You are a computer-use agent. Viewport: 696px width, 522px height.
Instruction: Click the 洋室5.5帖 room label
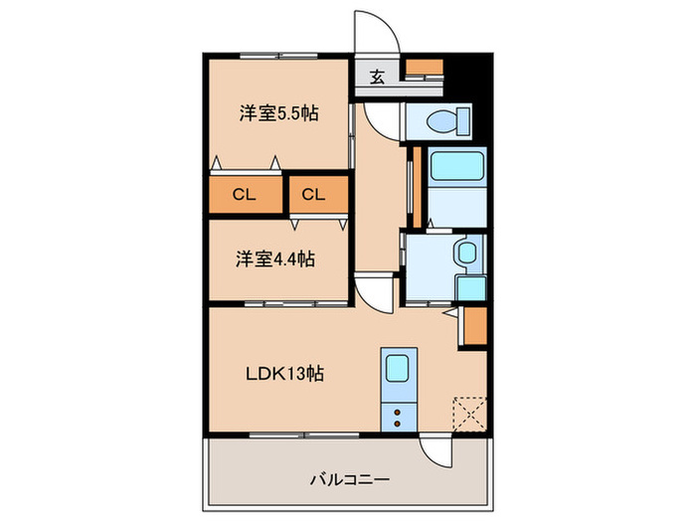pos(278,113)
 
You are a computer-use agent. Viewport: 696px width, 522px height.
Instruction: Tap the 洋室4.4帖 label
pos(276,260)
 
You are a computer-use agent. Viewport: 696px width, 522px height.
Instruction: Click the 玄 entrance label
pos(379,78)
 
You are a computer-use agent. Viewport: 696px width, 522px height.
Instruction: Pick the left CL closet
pos(245,194)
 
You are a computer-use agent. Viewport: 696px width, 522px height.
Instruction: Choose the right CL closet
pos(314,194)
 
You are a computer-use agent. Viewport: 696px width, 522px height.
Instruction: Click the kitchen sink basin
pos(399,369)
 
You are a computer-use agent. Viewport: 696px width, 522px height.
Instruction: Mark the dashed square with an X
pos(468,412)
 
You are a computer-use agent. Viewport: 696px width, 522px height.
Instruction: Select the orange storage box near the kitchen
pos(474,327)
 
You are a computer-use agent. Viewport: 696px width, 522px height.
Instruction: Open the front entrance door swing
pos(379,30)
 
